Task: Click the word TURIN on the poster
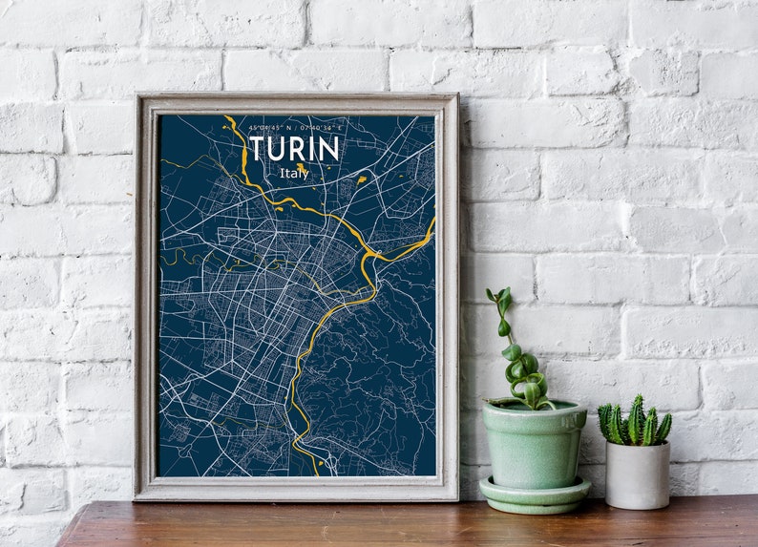293,149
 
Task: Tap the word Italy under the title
294,174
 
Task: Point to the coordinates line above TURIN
294,127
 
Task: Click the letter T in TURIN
257,149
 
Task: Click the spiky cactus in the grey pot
635,423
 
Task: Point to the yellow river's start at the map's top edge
227,117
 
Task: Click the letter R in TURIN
297,149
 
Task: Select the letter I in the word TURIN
311,149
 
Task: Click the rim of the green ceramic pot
534,409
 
